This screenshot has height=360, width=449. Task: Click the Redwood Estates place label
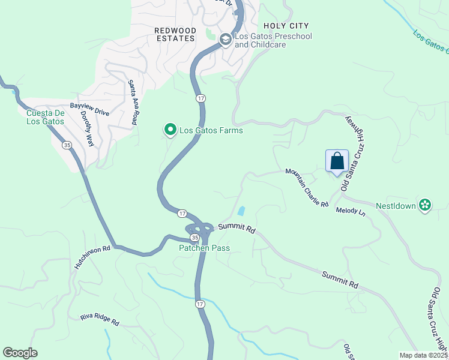[x=175, y=34]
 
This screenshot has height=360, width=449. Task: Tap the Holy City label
[x=286, y=26]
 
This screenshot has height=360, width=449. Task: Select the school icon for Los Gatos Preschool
[x=226, y=40]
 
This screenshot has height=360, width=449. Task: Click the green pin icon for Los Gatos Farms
[x=170, y=129]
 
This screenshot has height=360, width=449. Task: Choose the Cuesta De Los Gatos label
[x=45, y=117]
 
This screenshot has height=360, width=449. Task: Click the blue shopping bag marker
[x=337, y=161]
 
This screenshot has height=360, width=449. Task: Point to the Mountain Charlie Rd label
[x=307, y=187]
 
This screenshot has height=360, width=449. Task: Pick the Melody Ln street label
[x=351, y=211]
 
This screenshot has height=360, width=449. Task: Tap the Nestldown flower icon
[x=425, y=205]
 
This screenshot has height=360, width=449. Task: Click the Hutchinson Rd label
[x=92, y=256]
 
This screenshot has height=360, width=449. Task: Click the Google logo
[x=20, y=353]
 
